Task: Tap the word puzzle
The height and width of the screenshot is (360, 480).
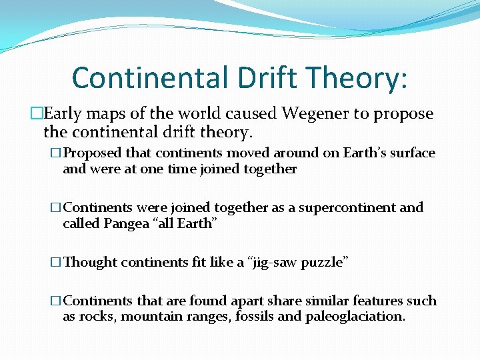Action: [325, 262]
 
